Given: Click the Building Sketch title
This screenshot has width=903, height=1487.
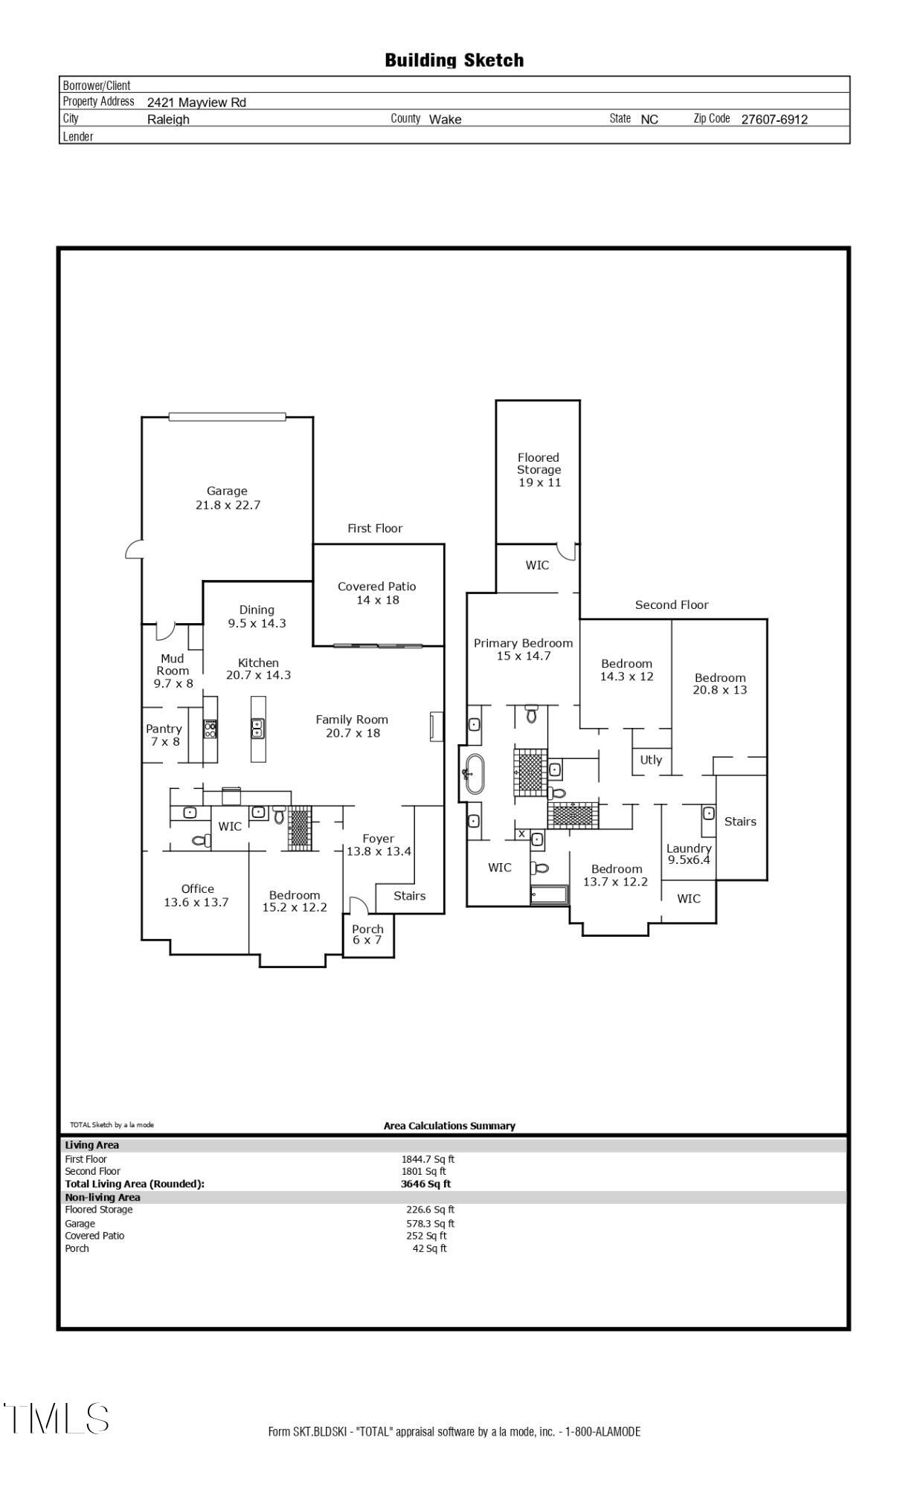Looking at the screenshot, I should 454,60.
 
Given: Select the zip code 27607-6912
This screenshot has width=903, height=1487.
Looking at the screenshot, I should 774,119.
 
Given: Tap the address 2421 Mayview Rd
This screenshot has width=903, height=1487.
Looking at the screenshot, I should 196,103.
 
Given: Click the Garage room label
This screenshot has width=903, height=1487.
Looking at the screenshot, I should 227,497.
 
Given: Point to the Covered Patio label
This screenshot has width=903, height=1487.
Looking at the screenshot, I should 376,593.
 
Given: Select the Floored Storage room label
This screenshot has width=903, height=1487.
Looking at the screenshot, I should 539,469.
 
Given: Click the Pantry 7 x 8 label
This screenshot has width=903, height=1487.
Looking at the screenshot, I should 164,735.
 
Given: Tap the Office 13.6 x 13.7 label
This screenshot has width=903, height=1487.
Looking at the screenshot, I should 196,895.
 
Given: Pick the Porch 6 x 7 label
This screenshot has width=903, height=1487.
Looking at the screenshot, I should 367,934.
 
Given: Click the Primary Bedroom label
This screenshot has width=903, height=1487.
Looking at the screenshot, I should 523,649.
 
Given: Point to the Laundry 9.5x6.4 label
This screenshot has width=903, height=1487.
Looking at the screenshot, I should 689,854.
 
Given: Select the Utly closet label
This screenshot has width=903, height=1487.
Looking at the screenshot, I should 651,760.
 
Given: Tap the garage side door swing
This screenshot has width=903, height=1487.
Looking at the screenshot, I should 134,550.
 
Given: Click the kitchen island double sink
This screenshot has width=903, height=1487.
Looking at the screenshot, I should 257,728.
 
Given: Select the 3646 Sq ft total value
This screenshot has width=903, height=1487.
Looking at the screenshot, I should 425,1184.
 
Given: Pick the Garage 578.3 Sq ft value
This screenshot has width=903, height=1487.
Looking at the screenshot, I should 429,1223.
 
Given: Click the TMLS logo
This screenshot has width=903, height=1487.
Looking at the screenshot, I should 56,1418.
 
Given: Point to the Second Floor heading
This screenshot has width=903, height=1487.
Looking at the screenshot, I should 671,604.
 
